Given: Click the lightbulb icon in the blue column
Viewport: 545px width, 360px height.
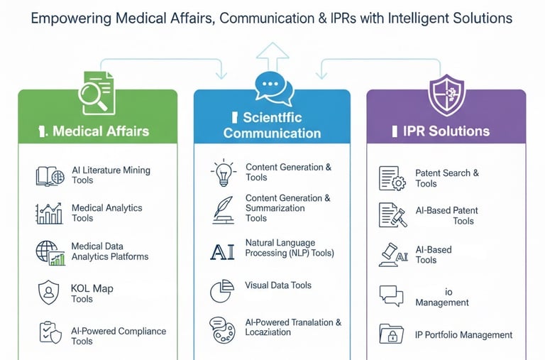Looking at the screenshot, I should click(223, 173).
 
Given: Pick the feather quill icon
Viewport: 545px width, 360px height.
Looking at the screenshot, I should click(222, 209).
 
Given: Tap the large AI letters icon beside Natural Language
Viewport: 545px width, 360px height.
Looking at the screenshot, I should click(222, 251).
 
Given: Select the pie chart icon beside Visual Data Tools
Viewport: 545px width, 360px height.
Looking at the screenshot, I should click(221, 290).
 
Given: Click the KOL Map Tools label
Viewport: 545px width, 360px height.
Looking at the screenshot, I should click(92, 294).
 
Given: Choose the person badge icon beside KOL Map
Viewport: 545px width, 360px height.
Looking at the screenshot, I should click(49, 292).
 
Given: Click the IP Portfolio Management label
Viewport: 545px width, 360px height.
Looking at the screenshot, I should click(463, 335).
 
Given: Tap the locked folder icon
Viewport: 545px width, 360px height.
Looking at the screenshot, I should click(391, 333).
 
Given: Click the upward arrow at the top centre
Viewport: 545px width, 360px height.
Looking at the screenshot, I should click(272, 55).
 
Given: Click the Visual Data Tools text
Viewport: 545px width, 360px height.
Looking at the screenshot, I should click(278, 285).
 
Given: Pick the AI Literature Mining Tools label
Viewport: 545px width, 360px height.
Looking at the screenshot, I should click(111, 175).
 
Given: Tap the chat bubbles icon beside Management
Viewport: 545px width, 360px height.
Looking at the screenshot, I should click(391, 295).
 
